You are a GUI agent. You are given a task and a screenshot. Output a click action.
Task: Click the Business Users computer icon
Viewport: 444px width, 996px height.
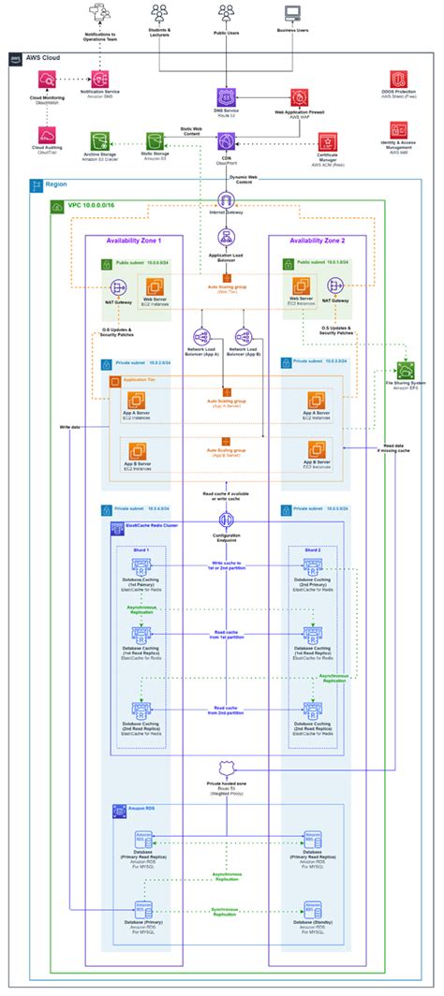pos(292,13)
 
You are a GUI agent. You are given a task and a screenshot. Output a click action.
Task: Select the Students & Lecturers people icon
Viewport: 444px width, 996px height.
pos(158,12)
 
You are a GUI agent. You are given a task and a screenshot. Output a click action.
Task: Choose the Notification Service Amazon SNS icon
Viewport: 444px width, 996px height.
pos(99,82)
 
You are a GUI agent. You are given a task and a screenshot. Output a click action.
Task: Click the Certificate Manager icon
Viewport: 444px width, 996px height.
pos(327,141)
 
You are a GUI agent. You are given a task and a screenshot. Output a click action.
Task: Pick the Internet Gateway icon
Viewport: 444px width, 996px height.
pos(225,200)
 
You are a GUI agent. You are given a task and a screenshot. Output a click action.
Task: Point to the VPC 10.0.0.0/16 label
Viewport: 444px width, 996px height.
pos(86,205)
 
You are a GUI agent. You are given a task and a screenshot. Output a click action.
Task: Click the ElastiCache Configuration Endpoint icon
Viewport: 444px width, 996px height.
pos(225,520)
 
